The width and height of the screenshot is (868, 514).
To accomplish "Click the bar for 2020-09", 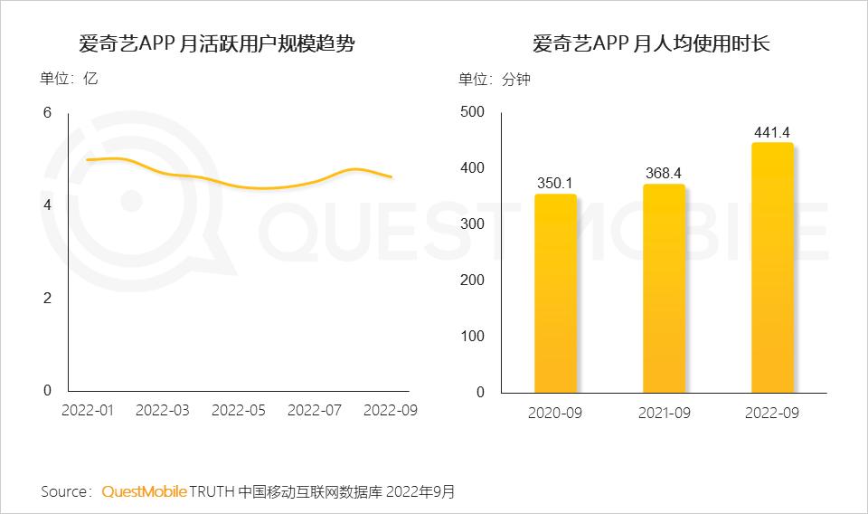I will [x=555, y=294].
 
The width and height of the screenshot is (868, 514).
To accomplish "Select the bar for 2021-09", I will [x=664, y=289].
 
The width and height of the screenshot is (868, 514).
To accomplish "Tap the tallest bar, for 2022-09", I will [x=772, y=268].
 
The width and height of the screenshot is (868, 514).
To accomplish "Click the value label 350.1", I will [x=555, y=183].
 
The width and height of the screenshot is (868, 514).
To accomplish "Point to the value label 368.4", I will [x=664, y=173].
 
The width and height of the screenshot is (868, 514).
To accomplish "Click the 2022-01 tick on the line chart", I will [x=87, y=410].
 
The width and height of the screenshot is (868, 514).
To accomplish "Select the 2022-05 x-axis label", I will [x=239, y=410].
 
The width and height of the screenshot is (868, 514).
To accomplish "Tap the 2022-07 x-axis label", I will [x=315, y=410].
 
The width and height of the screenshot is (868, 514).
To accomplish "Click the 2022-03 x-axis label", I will [x=163, y=410].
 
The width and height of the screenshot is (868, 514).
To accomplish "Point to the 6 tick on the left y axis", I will [x=47, y=112].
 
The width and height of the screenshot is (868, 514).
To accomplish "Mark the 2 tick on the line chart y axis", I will [x=47, y=299].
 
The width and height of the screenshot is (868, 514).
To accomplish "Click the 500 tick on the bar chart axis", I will [x=473, y=112].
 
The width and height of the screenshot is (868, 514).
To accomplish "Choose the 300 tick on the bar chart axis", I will [x=473, y=224].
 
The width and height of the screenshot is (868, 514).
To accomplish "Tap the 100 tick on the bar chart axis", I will [x=473, y=337].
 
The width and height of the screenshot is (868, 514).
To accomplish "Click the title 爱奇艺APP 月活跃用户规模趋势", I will [x=217, y=43].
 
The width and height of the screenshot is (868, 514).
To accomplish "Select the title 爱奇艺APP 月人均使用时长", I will [x=651, y=43].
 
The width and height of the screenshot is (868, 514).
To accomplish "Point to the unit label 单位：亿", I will [x=69, y=79].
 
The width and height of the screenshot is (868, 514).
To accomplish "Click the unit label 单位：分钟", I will [x=495, y=80].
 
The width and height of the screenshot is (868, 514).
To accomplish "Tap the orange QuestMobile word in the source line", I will [x=145, y=492].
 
